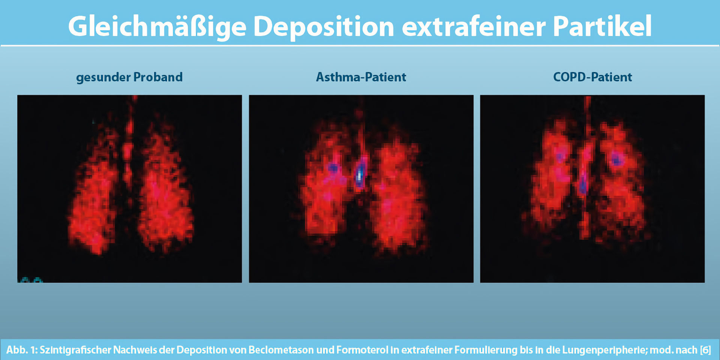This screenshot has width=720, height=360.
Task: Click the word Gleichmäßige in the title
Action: tap(157, 27)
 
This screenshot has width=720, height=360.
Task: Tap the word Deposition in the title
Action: tap(324, 27)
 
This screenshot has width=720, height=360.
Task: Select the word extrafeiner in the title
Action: tap(473, 27)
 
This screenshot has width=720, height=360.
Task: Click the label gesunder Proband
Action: tap(129, 77)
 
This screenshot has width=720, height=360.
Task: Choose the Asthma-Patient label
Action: tap(361, 77)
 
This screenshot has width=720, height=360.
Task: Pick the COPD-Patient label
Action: tap(592, 77)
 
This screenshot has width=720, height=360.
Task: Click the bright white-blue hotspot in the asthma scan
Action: tap(360, 174)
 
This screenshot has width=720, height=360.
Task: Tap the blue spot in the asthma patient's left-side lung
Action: tap(333, 168)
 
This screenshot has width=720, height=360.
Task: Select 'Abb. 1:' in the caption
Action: tap(21, 350)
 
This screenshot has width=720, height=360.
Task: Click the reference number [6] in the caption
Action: tap(705, 350)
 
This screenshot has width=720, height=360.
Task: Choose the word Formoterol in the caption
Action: tap(362, 350)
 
